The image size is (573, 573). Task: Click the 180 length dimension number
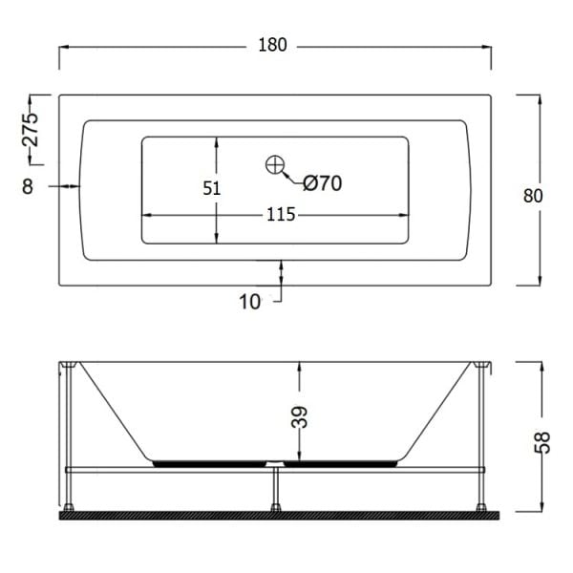click(272, 45)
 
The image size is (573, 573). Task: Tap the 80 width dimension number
click(533, 196)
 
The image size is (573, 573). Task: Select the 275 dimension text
click(31, 130)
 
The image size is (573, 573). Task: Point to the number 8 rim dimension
click(28, 186)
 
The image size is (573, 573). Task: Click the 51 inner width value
click(212, 188)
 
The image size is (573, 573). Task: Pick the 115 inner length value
click(281, 215)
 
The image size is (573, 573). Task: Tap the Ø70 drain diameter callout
click(323, 183)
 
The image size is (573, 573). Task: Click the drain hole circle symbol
click(275, 165)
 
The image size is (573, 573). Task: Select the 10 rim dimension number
click(249, 302)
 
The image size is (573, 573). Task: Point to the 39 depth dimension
click(299, 416)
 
